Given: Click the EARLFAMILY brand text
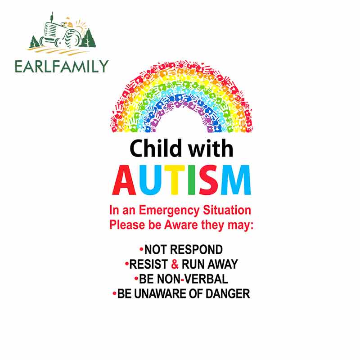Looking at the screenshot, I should click(x=62, y=66).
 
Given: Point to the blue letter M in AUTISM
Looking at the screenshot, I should click(x=234, y=180).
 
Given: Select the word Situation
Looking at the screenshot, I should click(x=227, y=210).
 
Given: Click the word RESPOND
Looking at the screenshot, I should click(x=201, y=249).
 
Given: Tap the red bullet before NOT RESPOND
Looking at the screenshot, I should click(x=141, y=248).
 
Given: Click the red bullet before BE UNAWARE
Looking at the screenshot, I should click(x=115, y=293).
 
